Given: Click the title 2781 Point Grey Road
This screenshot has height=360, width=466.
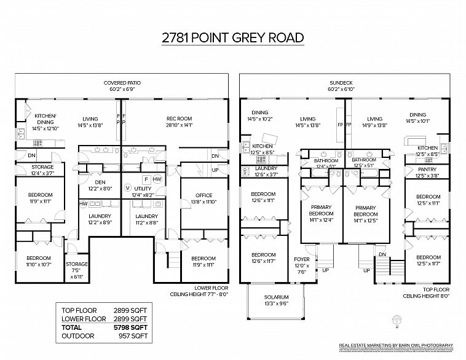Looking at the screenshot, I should (232, 37).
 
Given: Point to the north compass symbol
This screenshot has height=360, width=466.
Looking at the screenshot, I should (397, 319).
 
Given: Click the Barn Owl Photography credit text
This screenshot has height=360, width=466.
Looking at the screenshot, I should (397, 346).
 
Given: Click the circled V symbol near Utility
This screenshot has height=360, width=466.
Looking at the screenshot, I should (128, 187).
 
